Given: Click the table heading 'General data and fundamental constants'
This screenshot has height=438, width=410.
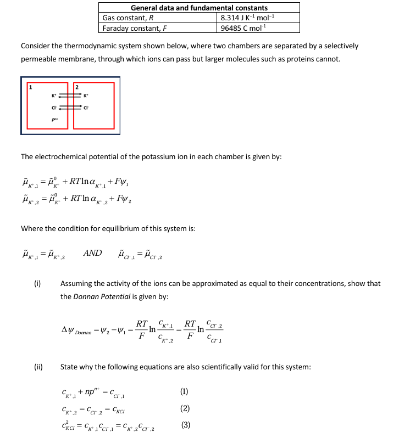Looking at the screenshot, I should pyautogui.click(x=199, y=8).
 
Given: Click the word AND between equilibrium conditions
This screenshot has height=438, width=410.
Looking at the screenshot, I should pyautogui.click(x=92, y=253).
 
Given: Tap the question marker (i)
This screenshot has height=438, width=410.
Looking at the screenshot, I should pyautogui.click(x=37, y=284).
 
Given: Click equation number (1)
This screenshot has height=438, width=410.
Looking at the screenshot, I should pyautogui.click(x=184, y=391).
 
